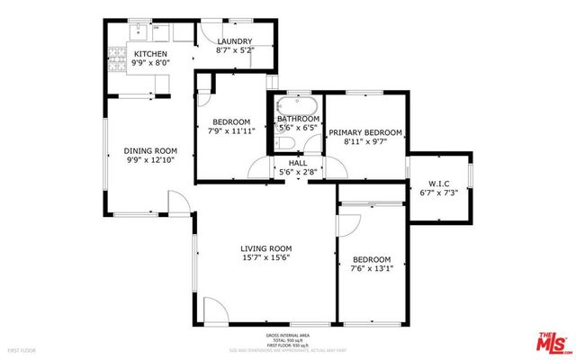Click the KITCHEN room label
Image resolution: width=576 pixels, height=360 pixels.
(x=125, y=54)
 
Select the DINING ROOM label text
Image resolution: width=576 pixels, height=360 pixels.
(x=150, y=150)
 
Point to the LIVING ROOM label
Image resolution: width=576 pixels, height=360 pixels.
(x=265, y=247)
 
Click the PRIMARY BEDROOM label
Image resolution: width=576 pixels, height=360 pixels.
(x=364, y=132)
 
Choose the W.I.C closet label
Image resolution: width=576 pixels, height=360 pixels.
(x=439, y=183)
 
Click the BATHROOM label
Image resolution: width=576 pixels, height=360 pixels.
(x=298, y=119)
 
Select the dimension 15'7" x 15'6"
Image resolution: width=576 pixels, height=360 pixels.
(x=265, y=257)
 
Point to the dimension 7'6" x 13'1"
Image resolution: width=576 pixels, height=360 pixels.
(x=371, y=268)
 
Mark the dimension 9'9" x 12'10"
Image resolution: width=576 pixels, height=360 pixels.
(x=150, y=160)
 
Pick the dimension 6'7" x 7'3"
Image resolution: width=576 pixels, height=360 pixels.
(x=439, y=193)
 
